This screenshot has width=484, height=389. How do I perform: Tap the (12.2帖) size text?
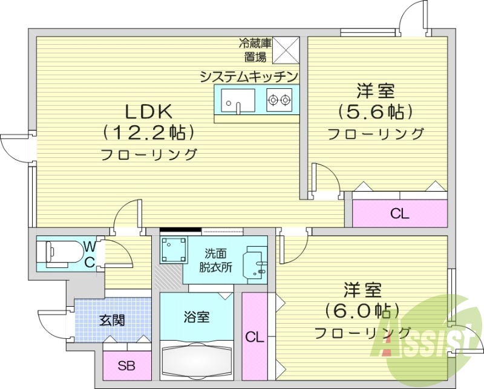coord(149,131)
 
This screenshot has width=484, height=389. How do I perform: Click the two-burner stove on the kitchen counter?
coord(279,99)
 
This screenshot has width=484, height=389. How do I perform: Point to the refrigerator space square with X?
coord(287,49)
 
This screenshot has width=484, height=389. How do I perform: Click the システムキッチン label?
coord(249,76)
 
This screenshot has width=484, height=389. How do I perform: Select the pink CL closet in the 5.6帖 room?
coord(399,213)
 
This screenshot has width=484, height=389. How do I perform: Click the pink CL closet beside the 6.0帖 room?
coord(255,338)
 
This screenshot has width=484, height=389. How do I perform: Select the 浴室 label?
coord(196,316)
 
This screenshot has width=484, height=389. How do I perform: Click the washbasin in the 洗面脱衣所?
coord(254,264)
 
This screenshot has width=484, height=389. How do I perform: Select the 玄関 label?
coord(112,319)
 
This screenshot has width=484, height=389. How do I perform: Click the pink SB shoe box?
coord(126,366)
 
